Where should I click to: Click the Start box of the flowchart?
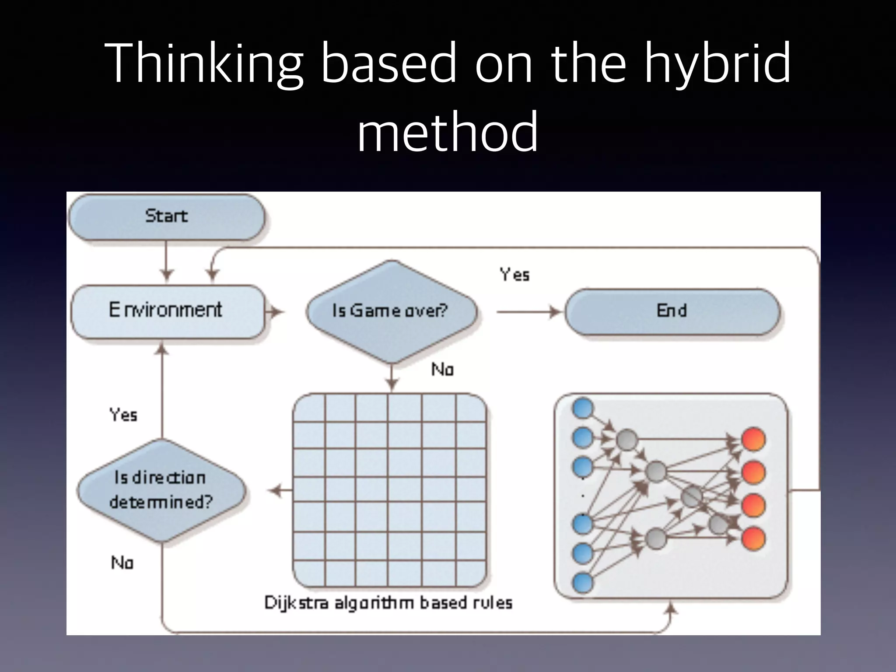click(166, 217)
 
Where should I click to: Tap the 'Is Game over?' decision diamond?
click(391, 311)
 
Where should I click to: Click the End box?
click(672, 311)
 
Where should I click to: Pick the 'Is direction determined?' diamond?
click(161, 490)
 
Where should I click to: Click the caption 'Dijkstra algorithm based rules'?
click(388, 603)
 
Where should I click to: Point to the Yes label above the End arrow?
click(514, 275)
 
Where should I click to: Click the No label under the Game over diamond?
click(442, 370)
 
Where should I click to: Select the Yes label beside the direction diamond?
click(123, 415)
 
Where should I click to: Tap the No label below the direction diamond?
click(122, 563)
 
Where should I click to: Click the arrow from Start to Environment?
click(166, 262)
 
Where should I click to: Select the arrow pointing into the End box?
click(529, 312)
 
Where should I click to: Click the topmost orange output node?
click(753, 439)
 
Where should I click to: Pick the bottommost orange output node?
click(753, 538)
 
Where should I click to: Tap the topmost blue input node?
click(583, 409)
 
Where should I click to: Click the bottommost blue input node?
click(583, 583)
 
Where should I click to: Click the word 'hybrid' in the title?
click(717, 63)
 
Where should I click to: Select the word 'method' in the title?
click(447, 131)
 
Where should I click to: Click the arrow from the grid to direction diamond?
click(280, 491)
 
